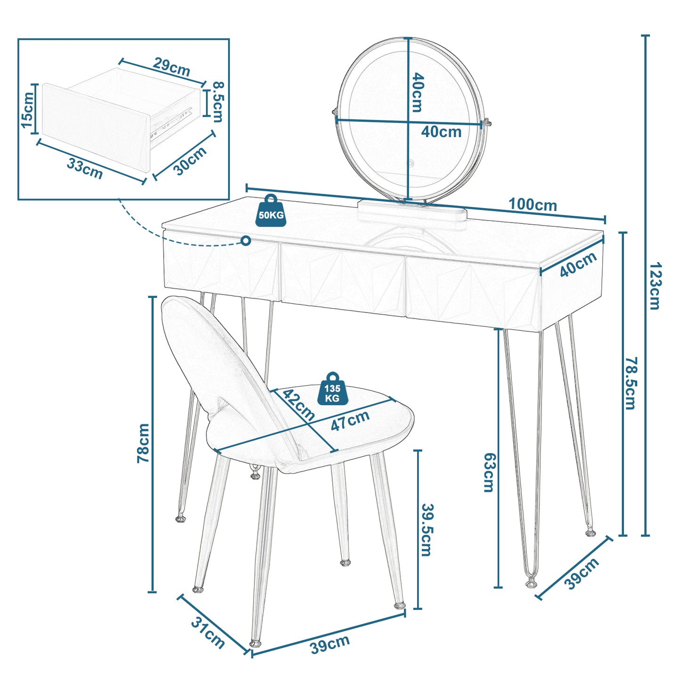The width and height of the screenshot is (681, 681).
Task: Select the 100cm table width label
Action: click(x=533, y=205)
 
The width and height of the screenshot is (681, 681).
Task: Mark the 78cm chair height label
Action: click(x=143, y=443)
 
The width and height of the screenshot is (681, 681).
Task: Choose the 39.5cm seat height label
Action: click(x=427, y=530)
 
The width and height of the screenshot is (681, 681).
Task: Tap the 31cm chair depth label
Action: click(x=208, y=632)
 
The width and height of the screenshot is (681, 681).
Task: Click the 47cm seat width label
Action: click(x=350, y=420)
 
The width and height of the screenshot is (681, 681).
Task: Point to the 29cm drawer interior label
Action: click(x=172, y=67)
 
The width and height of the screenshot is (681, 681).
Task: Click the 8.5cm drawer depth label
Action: click(x=218, y=102)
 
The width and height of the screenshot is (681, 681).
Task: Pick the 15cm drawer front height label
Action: click(x=27, y=110)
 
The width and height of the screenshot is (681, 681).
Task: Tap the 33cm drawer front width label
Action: click(x=85, y=168)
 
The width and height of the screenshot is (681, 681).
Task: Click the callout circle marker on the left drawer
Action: click(x=246, y=241)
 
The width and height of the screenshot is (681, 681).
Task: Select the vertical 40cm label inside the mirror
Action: click(x=417, y=92)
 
